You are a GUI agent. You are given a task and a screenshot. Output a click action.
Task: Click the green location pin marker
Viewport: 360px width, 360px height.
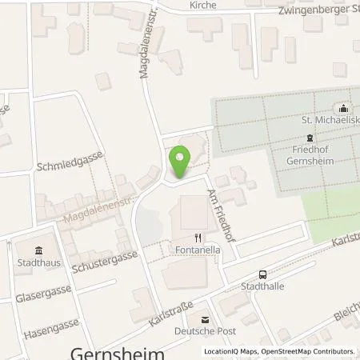pos(181,162)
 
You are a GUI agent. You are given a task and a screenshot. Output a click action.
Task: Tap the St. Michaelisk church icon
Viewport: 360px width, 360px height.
pos(344,110)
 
